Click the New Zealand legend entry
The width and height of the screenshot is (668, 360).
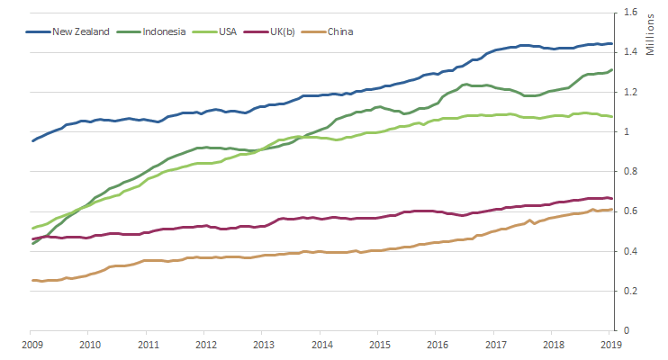[80, 31]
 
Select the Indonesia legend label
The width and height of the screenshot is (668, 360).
[164, 31]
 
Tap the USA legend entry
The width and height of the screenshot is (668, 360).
[230, 31]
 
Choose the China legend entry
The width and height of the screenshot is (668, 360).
[340, 31]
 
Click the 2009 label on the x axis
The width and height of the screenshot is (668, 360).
[32, 344]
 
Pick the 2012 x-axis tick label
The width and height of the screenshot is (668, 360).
[206, 344]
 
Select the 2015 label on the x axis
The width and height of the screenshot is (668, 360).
[380, 344]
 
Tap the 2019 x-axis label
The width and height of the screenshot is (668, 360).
[612, 344]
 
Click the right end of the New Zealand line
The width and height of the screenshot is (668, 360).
[612, 44]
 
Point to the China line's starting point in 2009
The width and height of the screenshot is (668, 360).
[32, 280]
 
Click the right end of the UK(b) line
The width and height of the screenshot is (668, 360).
[612, 199]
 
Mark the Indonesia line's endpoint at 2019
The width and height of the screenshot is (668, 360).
[612, 70]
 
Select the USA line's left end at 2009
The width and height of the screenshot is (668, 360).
[32, 228]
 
